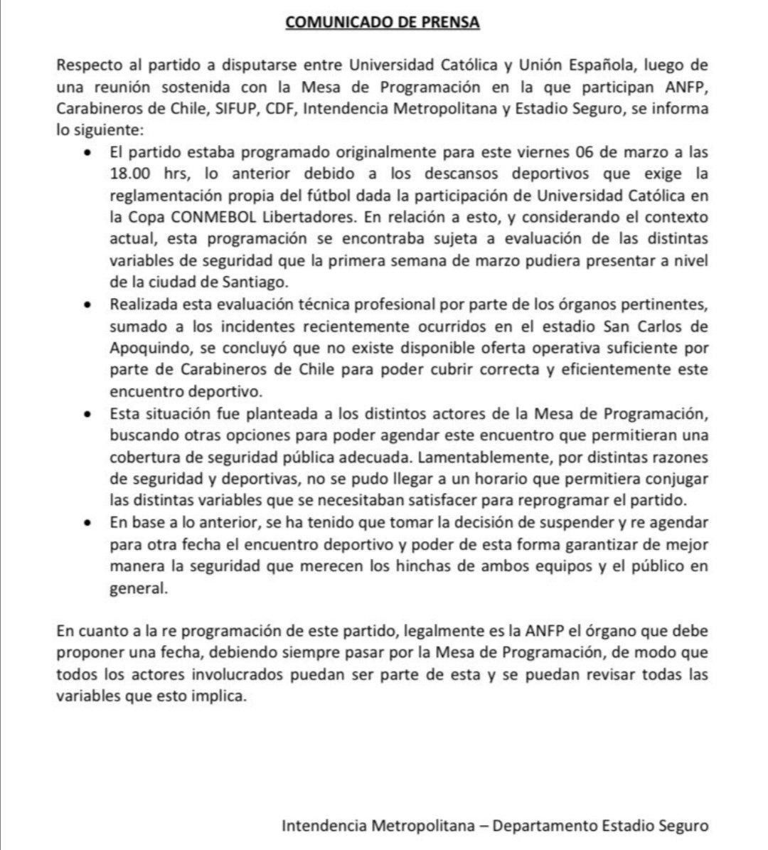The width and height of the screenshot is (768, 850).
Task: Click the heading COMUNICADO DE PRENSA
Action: [x=383, y=22]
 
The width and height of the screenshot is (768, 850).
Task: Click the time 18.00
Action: [x=131, y=174]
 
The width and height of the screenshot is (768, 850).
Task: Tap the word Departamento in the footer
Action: [x=543, y=827]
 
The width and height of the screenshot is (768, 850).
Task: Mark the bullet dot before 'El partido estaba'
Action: [x=87, y=154]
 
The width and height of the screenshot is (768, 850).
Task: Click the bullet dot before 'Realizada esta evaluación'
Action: [x=87, y=306]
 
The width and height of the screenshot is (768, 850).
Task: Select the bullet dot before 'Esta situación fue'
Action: [x=87, y=414]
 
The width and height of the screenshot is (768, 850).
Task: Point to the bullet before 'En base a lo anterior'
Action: [x=87, y=523]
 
